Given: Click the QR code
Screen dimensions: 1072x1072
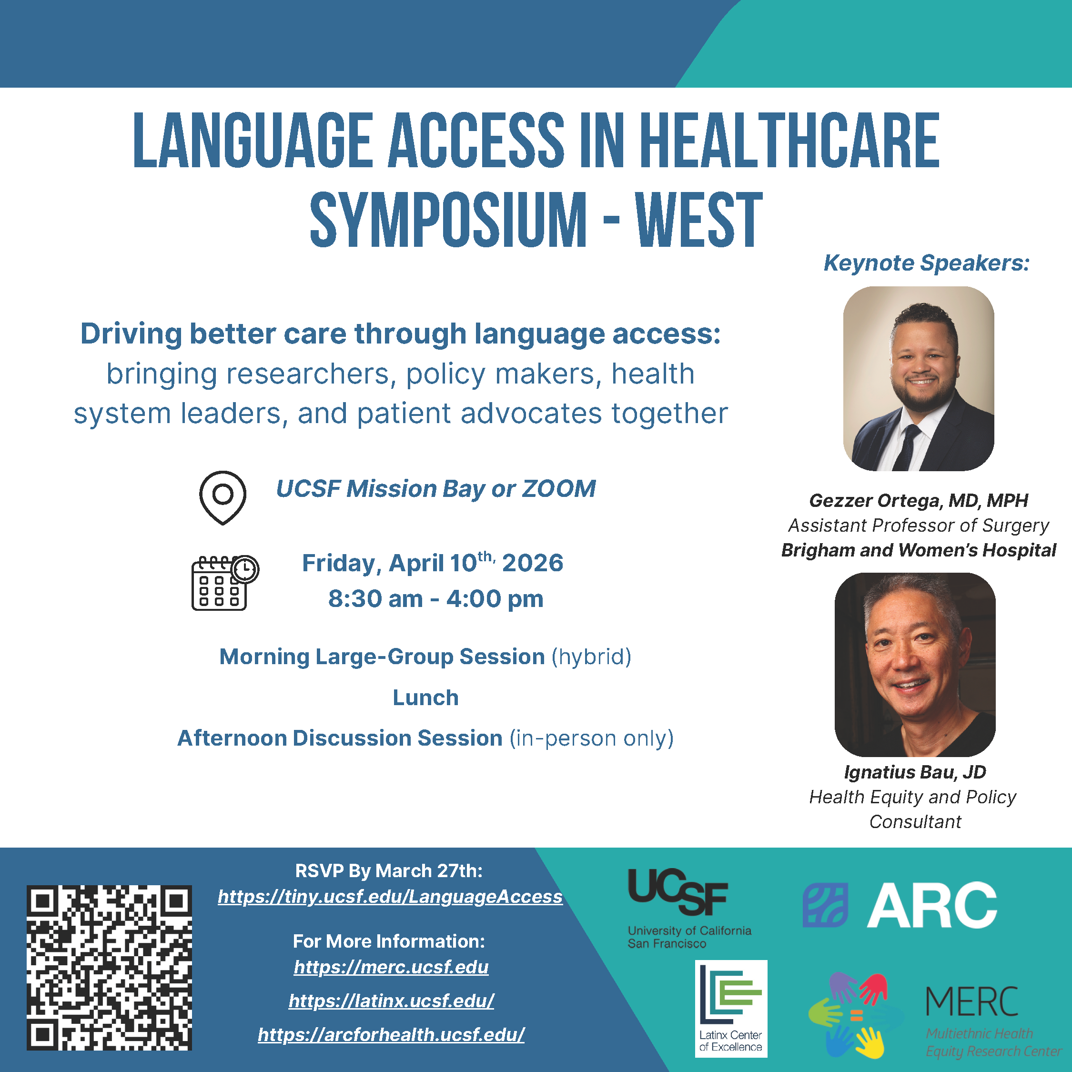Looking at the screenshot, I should pos(109,968).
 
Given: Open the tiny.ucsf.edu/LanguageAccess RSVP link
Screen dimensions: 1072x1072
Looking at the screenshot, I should pos(390,897).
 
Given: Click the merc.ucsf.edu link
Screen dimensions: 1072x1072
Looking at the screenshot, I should pos(391,967).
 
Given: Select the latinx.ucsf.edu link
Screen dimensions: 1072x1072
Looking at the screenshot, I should pos(391,1001).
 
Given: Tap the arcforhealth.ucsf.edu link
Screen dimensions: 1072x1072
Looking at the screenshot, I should pos(391,1034).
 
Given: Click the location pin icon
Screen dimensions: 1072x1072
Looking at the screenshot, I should pos(222,496).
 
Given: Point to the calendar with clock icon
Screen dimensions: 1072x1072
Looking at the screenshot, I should pos(224,582).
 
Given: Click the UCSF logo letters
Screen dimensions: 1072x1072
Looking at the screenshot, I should pos(678,892).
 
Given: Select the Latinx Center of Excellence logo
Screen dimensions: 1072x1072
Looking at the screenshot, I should pos(731,1009).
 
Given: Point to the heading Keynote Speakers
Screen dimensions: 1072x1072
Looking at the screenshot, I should pos(926,263).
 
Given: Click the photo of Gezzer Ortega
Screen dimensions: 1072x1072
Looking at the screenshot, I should pos(918,378).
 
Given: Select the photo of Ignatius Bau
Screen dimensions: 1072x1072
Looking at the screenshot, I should pos(915,664).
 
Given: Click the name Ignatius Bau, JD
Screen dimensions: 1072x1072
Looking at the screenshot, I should pos(915,772).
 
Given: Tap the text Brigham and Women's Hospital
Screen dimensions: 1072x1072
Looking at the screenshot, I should pos(918,550).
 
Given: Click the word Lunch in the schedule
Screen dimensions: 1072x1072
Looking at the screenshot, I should pos(425,698).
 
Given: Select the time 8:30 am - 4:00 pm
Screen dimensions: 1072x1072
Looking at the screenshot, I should pos(435,599).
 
